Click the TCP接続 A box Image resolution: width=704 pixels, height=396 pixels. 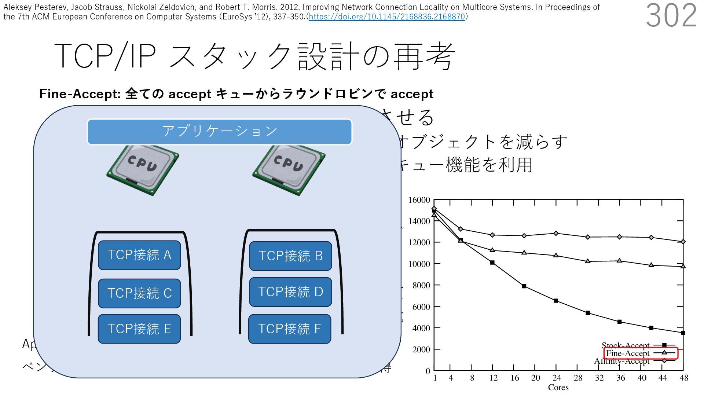(x=139, y=255)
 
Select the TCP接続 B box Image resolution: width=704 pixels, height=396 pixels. (x=290, y=256)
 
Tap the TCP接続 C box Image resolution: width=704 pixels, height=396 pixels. (x=139, y=293)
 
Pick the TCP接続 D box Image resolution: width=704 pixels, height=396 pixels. (x=290, y=292)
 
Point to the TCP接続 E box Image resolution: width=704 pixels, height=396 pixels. (x=139, y=329)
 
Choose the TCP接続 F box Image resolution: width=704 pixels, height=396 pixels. (x=290, y=329)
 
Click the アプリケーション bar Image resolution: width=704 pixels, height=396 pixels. (x=219, y=132)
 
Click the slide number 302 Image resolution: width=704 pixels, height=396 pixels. (x=671, y=15)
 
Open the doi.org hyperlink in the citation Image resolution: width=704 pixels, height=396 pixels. (x=387, y=16)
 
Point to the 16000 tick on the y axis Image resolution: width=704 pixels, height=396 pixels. (x=419, y=200)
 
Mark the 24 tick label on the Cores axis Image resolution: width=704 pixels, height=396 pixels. (x=557, y=378)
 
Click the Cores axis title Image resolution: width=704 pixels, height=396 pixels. (x=558, y=388)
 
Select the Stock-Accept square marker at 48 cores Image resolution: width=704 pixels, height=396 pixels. (x=683, y=333)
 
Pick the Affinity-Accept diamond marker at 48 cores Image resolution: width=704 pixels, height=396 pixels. (x=683, y=242)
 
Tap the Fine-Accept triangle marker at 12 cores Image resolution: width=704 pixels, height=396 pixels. (x=492, y=250)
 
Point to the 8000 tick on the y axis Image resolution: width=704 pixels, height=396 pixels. (x=421, y=285)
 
